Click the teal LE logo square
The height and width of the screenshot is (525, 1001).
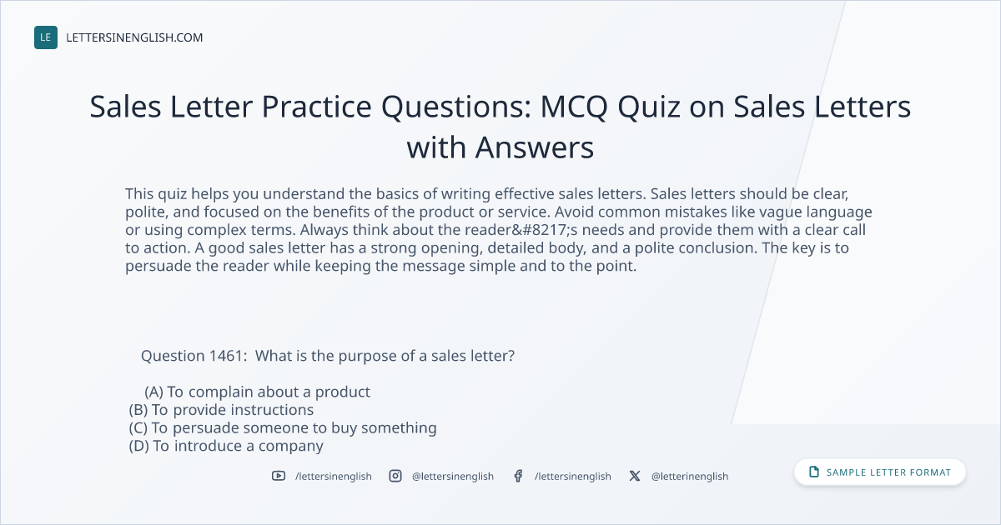pyautogui.click(x=46, y=37)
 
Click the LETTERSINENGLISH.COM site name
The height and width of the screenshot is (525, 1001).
pyautogui.click(x=134, y=37)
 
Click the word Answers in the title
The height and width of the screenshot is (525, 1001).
pyautogui.click(x=535, y=147)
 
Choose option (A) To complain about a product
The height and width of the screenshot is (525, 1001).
pyautogui.click(x=257, y=392)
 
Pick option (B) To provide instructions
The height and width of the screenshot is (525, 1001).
pyautogui.click(x=221, y=410)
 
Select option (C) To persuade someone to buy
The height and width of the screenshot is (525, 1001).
pyautogui.click(x=283, y=427)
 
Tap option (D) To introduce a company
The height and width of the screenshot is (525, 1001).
pyautogui.click(x=226, y=446)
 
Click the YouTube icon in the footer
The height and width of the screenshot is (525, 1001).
pyautogui.click(x=279, y=476)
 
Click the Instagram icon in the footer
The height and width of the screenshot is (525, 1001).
pyautogui.click(x=395, y=476)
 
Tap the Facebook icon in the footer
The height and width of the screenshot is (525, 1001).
pyautogui.click(x=518, y=476)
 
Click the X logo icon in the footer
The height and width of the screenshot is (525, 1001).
pyautogui.click(x=635, y=476)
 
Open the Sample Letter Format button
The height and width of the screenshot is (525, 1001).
pyautogui.click(x=879, y=472)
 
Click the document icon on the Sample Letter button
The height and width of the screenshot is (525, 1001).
pyautogui.click(x=814, y=472)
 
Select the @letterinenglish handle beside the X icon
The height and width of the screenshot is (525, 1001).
pyautogui.click(x=690, y=477)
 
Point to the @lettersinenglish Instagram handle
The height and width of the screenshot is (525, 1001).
pyautogui.click(x=453, y=477)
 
